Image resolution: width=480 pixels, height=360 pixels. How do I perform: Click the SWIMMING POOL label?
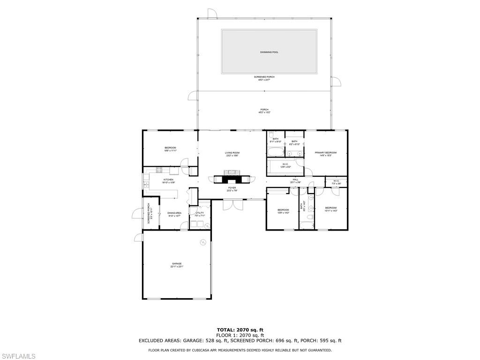(x=269, y=52)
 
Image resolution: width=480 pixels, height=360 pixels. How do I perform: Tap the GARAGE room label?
(x=176, y=264)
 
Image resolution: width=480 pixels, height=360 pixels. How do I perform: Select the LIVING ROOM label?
(x=232, y=153)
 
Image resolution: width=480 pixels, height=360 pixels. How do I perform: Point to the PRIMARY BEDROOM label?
(x=326, y=153)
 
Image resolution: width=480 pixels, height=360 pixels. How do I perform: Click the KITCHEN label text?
(x=168, y=180)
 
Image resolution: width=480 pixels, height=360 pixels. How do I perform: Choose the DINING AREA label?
(x=174, y=213)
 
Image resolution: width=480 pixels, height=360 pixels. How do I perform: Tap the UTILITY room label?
(x=200, y=213)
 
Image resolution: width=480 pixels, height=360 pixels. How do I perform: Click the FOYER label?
(x=232, y=188)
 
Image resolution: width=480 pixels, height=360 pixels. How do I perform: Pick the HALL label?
(x=296, y=180)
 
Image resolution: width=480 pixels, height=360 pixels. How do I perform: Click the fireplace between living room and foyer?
(x=232, y=179)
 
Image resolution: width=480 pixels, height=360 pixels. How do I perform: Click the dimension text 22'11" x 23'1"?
(x=177, y=267)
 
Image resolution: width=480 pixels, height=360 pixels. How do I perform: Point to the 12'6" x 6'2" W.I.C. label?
(x=285, y=165)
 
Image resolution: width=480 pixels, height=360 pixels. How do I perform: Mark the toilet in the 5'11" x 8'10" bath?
(x=271, y=134)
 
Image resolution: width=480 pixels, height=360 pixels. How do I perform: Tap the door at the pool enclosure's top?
(x=212, y=14)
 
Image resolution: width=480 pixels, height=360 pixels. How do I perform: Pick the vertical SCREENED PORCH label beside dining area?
(x=149, y=213)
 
